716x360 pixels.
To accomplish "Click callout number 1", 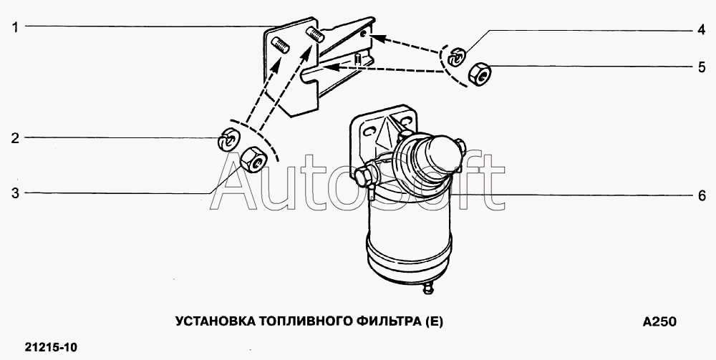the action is tap(15, 27).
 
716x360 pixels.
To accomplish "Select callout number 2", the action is tap(16, 138).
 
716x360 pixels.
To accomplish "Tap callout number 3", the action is tap(16, 193).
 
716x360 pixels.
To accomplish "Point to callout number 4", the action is tap(702, 31).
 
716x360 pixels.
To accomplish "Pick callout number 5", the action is tap(702, 67).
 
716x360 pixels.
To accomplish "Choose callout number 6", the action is tap(702, 195).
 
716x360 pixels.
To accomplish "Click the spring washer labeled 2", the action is tap(227, 140).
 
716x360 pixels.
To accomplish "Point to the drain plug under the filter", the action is tap(428, 288).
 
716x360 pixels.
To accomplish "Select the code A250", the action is tap(659, 321).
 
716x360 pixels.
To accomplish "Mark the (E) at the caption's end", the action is tap(435, 321).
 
